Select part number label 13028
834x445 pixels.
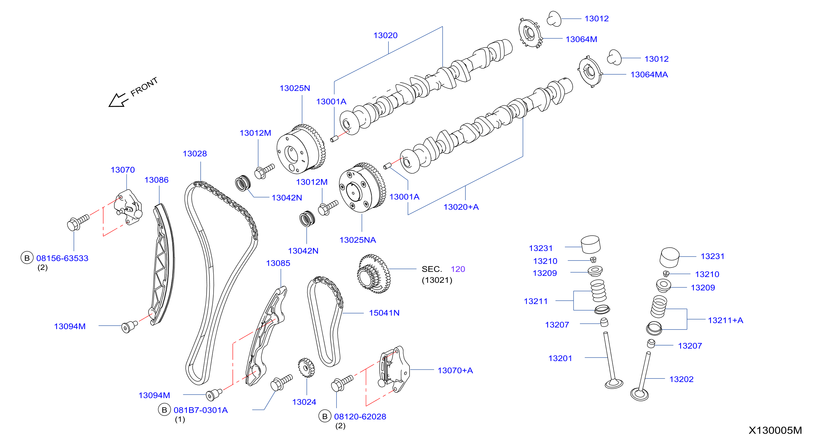coord(195,154)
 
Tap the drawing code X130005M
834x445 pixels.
coord(775,430)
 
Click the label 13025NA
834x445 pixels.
coord(357,240)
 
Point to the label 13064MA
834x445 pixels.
coord(649,75)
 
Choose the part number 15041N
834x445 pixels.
coord(384,313)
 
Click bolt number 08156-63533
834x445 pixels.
coord(62,258)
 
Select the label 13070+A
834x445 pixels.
coord(455,371)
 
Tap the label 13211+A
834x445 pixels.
coord(725,320)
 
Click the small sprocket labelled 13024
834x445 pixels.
coord(306,368)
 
